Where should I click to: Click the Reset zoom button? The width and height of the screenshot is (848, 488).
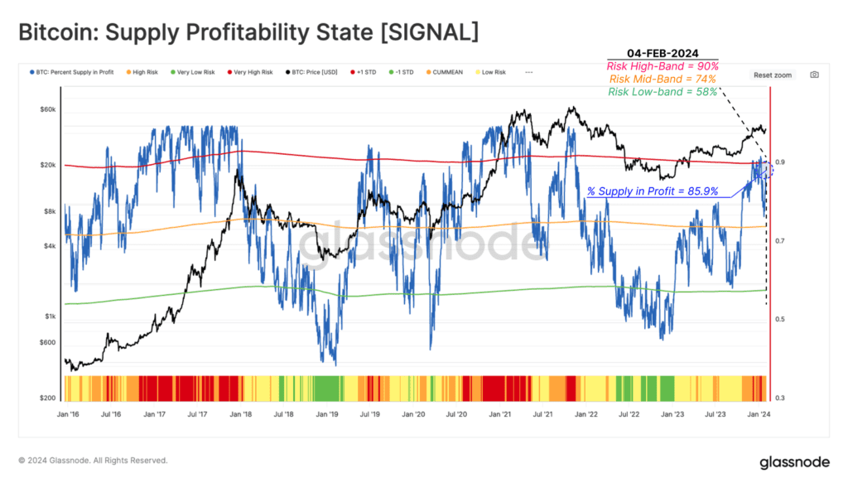point(772,75)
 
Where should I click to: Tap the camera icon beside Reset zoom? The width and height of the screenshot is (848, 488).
point(814,75)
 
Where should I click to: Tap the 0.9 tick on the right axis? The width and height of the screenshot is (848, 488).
point(779,162)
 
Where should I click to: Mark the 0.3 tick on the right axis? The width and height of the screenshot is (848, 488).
point(779,398)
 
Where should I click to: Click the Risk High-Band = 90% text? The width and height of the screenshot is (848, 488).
point(662,65)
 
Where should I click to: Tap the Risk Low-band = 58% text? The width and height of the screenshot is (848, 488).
point(662,91)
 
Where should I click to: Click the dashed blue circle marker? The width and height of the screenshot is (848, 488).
point(765,170)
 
